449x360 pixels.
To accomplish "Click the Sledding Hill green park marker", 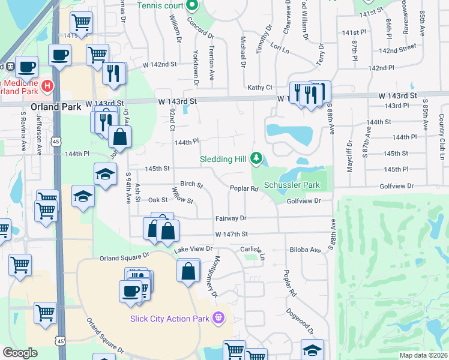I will point(257,158).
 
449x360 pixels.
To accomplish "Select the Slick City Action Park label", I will point(170,319).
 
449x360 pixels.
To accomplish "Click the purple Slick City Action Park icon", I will point(219,317).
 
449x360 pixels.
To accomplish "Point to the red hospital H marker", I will point(47,88).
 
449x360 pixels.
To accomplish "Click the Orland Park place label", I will point(52,107).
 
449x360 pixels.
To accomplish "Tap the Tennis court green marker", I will point(193,6).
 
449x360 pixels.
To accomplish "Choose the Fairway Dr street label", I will point(231,218).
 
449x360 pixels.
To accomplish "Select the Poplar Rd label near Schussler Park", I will point(244,188).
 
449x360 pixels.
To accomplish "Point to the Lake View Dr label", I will point(193,248).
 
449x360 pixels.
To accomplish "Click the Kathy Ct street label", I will point(260,88).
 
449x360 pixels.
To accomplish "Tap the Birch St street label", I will point(191,185).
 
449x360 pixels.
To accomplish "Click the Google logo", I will point(20,353).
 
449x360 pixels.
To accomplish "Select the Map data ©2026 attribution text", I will point(424,355).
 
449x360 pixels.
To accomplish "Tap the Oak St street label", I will point(158,200).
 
